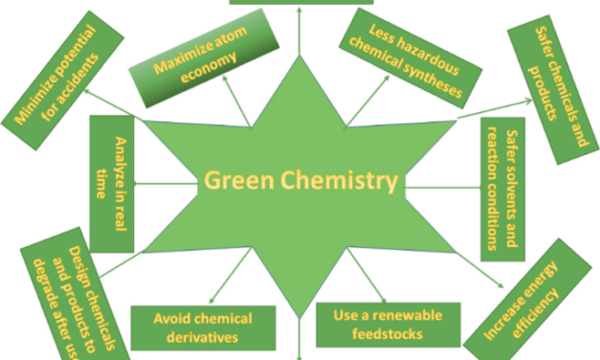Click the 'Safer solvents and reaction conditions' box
click(x=503, y=189)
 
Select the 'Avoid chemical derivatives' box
click(x=202, y=326)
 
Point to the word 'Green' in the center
click(x=233, y=180)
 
